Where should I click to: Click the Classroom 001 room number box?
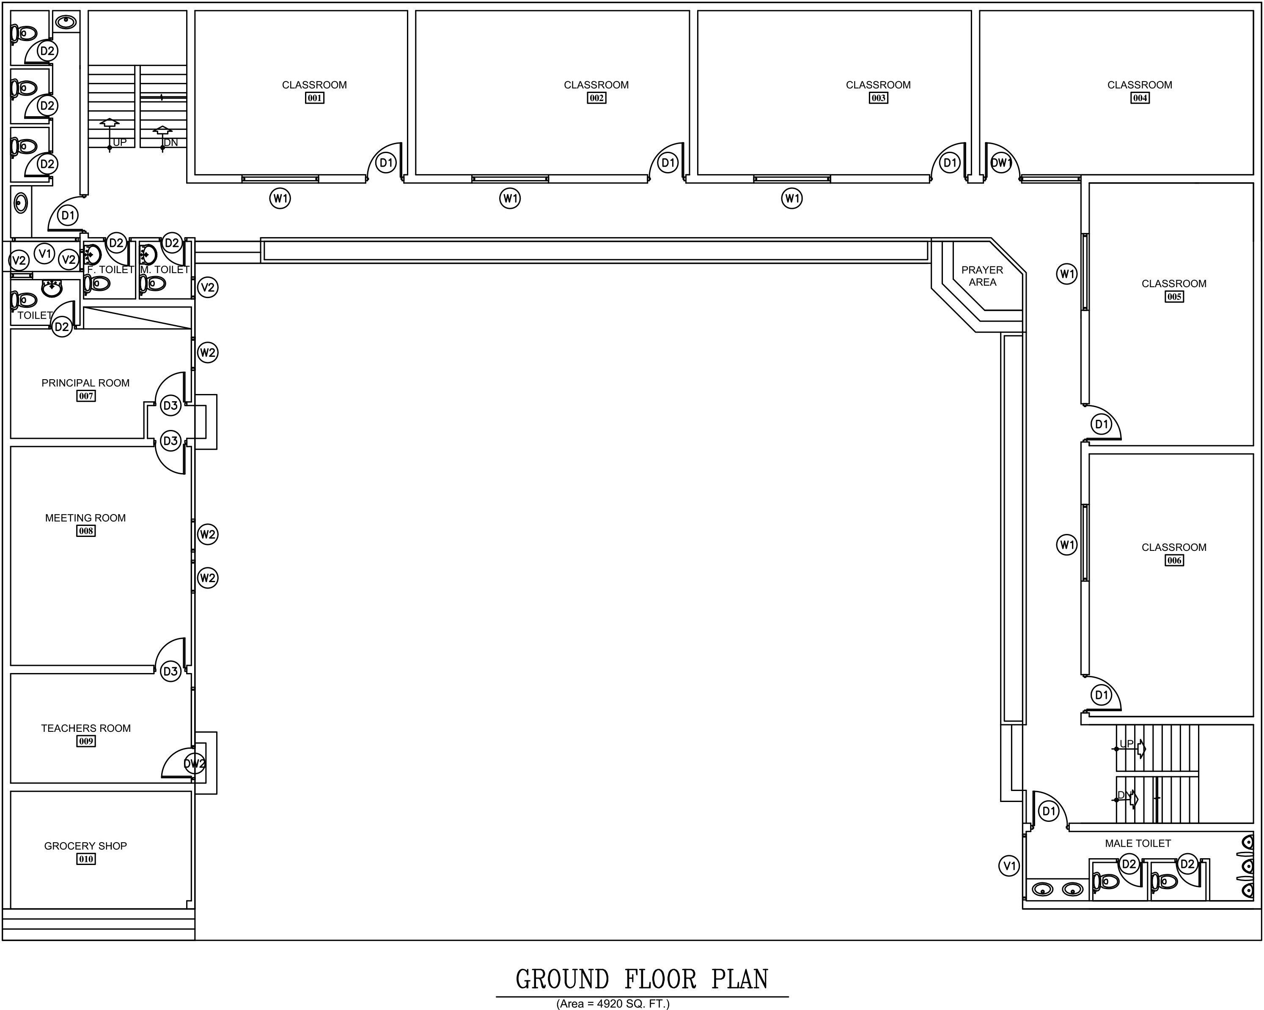click(x=315, y=98)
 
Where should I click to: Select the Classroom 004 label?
click(x=1139, y=85)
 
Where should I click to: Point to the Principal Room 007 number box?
click(x=85, y=396)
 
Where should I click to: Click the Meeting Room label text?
click(x=85, y=518)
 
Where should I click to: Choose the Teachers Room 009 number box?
click(x=85, y=741)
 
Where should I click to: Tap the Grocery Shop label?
click(x=85, y=846)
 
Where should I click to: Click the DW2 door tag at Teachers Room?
click(x=195, y=764)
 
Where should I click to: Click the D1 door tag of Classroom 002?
click(x=668, y=163)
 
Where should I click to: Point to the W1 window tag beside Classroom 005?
click(x=1067, y=274)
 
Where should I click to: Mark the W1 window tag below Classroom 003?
click(x=792, y=199)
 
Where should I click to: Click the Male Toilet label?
click(x=1138, y=843)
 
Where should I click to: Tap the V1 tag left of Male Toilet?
click(x=1009, y=866)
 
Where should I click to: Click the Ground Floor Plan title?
click(x=642, y=980)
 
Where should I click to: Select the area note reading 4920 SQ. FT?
click(x=613, y=1004)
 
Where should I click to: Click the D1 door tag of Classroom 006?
click(x=1102, y=695)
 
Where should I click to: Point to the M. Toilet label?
click(x=165, y=269)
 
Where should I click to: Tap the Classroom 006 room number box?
click(x=1174, y=561)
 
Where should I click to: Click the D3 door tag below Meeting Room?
click(x=170, y=671)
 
